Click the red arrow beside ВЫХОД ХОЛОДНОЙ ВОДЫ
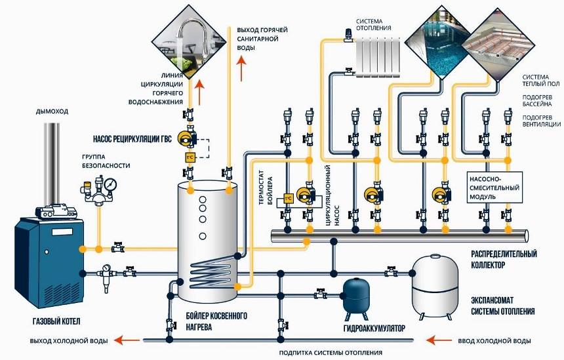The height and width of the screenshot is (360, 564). (x=123, y=340)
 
